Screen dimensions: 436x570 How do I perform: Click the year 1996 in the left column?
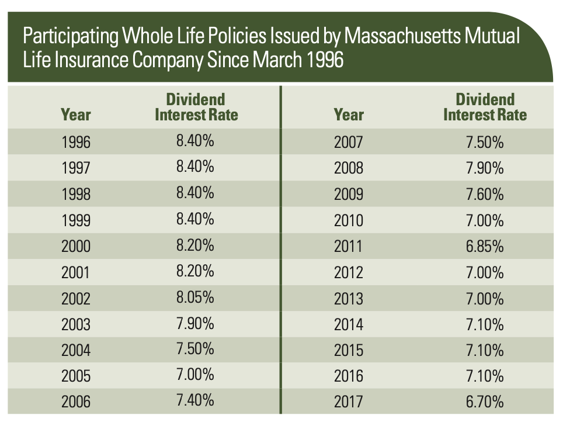click(76, 142)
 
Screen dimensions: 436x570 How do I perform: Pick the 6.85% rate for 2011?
click(485, 246)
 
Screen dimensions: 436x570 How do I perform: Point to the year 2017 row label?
click(349, 402)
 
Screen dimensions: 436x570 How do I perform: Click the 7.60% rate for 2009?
click(485, 194)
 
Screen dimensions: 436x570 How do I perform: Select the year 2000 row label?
click(76, 246)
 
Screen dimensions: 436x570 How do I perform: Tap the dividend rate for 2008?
click(485, 168)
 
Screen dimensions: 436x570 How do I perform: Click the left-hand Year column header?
click(76, 114)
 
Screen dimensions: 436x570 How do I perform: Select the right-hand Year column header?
click(349, 114)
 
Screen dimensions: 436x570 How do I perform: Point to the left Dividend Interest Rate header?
click(196, 106)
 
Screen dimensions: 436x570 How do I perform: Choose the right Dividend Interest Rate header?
click(485, 106)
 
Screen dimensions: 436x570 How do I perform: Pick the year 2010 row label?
click(349, 220)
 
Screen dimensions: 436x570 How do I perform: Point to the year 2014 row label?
click(349, 324)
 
